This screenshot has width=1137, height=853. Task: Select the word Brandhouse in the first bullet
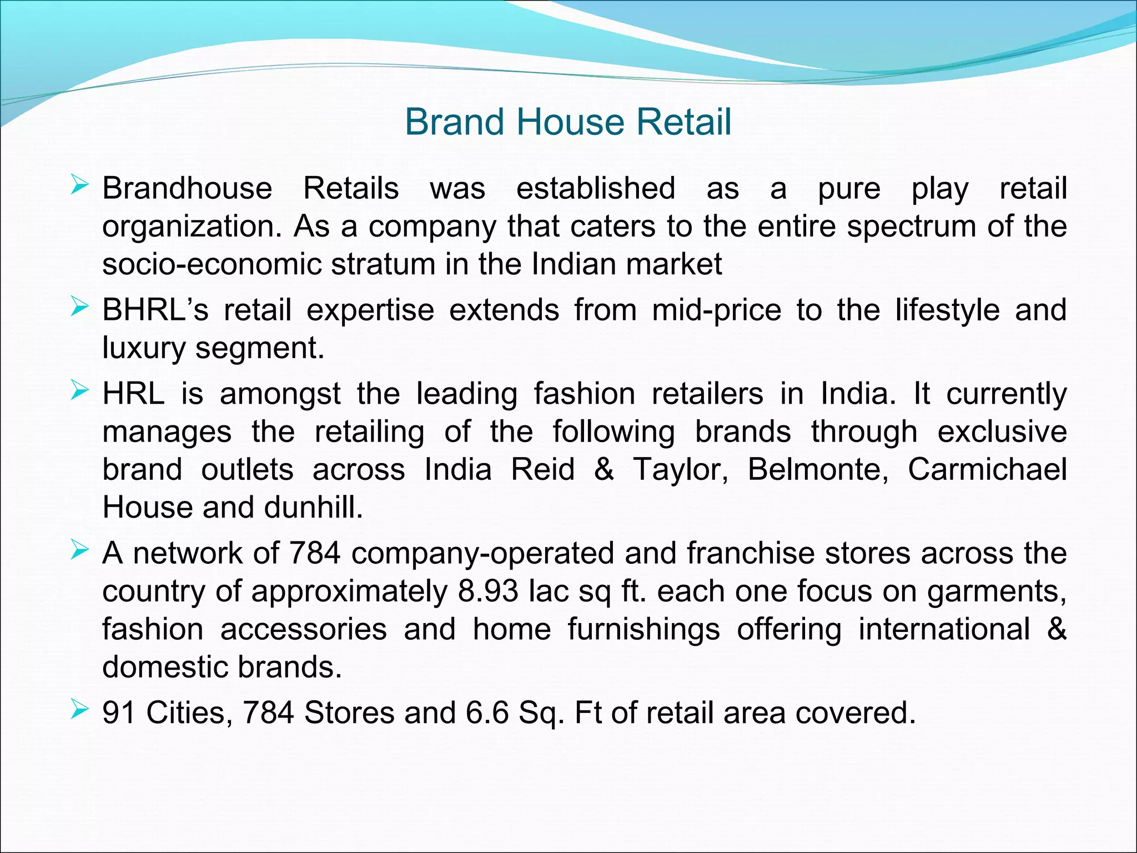[x=187, y=188]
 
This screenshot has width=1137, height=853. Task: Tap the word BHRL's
[x=155, y=310]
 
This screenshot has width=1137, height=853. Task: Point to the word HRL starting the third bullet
[x=133, y=394]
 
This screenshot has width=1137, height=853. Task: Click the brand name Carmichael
[x=987, y=469]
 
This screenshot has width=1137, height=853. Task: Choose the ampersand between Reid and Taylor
[x=603, y=469]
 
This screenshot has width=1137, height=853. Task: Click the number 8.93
[x=488, y=591]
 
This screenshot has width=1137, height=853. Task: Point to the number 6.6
[x=487, y=712]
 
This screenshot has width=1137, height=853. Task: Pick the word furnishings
[x=643, y=629]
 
